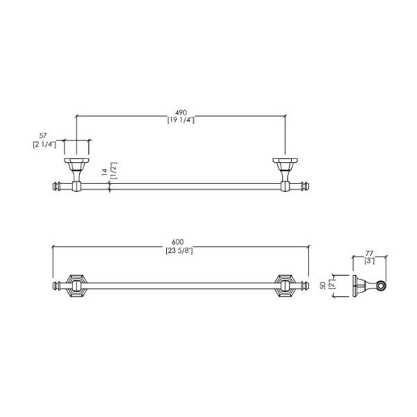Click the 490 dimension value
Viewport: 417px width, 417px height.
pyautogui.click(x=181, y=113)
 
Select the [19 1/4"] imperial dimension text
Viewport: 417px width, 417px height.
pyautogui.click(x=181, y=120)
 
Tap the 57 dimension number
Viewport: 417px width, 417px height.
pyautogui.click(x=43, y=136)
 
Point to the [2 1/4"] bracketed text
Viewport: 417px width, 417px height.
pyautogui.click(x=44, y=145)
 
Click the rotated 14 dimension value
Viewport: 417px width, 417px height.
pyautogui.click(x=104, y=172)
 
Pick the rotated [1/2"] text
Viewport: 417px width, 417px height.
pyautogui.click(x=113, y=171)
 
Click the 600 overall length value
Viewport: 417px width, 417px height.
pyautogui.click(x=178, y=242)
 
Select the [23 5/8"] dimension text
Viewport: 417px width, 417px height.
pyautogui.click(x=179, y=250)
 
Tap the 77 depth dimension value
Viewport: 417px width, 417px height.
pyautogui.click(x=370, y=253)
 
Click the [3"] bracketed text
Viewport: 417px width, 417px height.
pyautogui.click(x=370, y=261)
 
